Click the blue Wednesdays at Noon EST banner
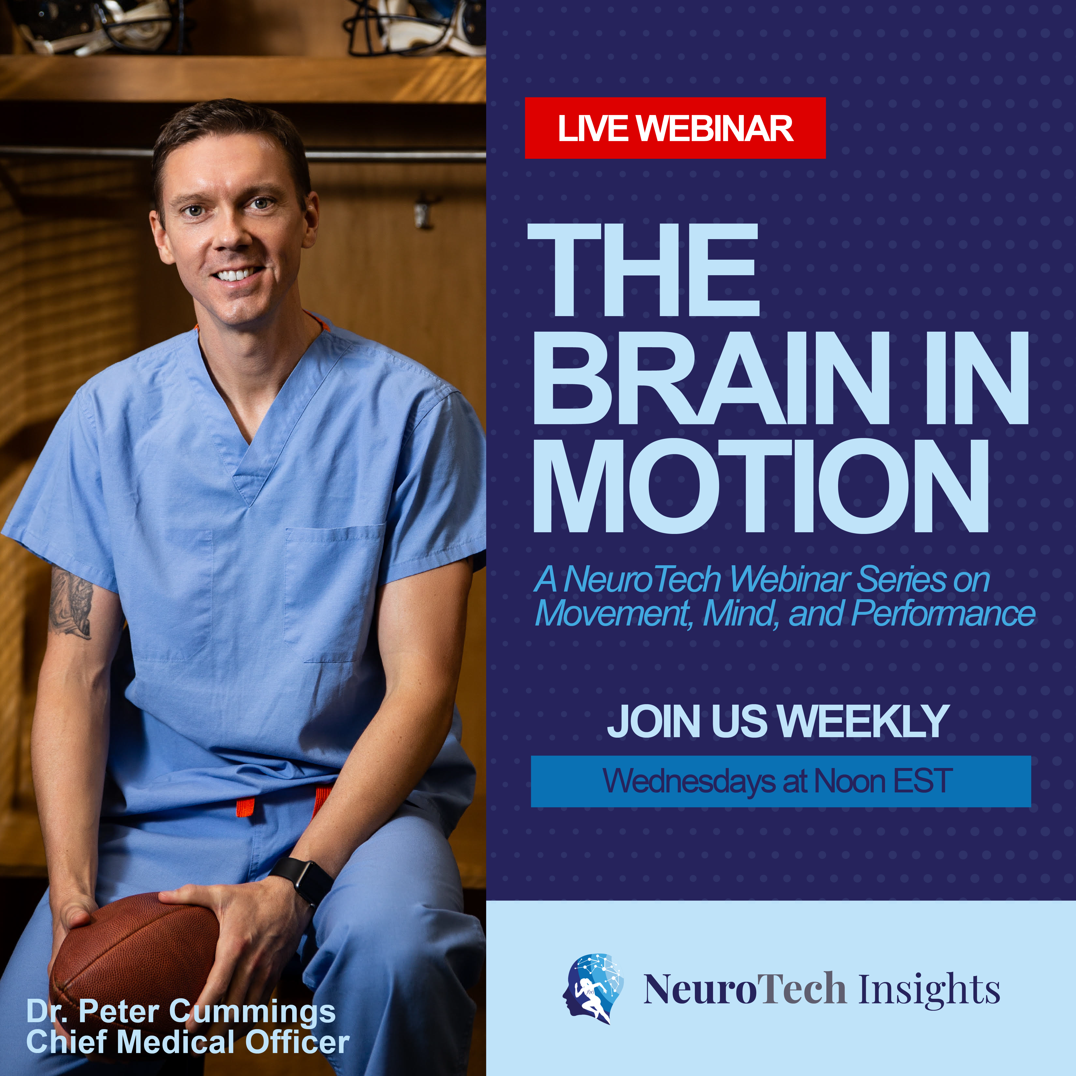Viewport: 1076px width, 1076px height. coord(780,781)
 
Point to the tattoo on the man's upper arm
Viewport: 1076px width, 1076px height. coord(71,604)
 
